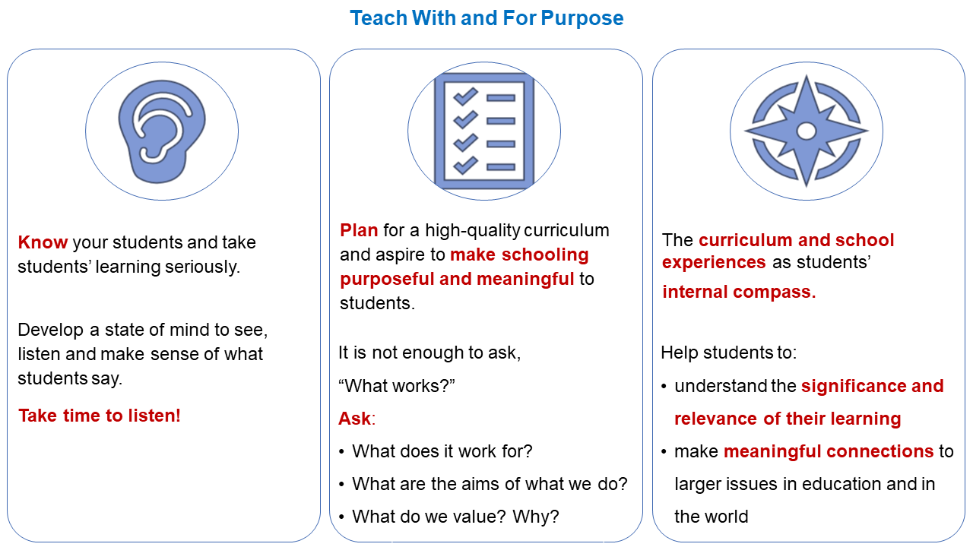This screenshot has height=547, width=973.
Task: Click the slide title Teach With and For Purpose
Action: tap(486, 18)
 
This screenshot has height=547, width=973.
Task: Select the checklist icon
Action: tap(484, 131)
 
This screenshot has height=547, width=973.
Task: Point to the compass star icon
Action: tap(807, 131)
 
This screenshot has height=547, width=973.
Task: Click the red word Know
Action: tap(43, 242)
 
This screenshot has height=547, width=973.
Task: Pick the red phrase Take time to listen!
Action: tap(100, 416)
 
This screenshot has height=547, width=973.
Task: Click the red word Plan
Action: tap(359, 230)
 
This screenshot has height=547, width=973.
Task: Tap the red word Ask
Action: tap(355, 419)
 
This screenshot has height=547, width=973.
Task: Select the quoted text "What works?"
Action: tap(396, 385)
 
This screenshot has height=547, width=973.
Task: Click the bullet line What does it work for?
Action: tap(442, 451)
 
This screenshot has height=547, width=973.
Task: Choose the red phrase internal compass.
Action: tap(739, 292)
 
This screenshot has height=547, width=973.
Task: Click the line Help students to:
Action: tap(728, 353)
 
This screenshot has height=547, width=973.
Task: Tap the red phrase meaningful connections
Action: tap(829, 451)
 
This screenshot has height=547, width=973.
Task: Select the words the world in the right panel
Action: tap(711, 517)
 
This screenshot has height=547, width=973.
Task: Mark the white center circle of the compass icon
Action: tap(807, 131)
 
